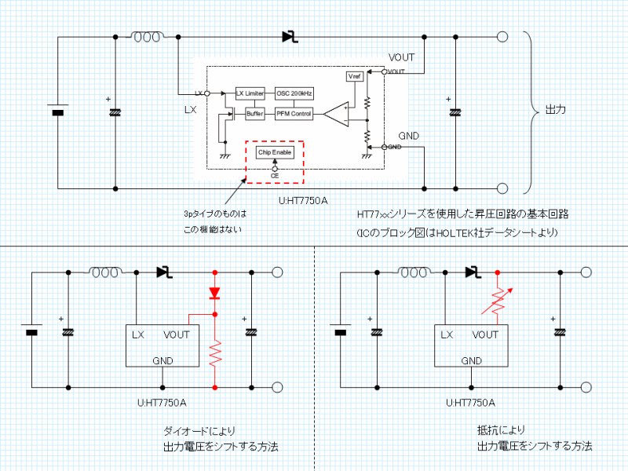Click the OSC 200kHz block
[x=295, y=93]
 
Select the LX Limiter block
[x=250, y=93]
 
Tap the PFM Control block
[x=294, y=114]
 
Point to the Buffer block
[x=254, y=114]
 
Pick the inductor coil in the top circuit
[x=148, y=37]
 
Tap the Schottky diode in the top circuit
[x=289, y=36]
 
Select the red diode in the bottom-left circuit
[x=214, y=293]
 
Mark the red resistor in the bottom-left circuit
[x=214, y=354]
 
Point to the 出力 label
[x=556, y=110]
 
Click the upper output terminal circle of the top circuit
[x=502, y=37]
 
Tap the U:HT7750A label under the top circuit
[x=302, y=200]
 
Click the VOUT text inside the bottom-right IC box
[x=486, y=334]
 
